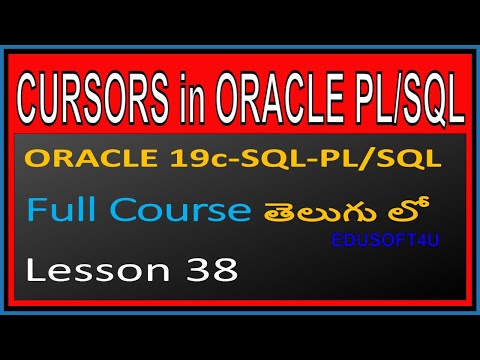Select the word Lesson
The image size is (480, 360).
click(84, 270)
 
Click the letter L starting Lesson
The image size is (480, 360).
click(35, 270)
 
